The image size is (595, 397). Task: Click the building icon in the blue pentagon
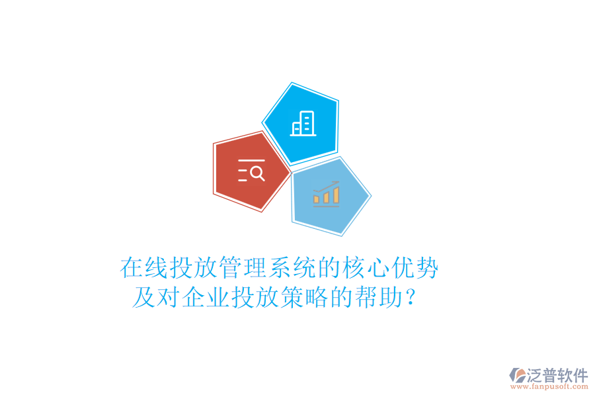click(x=303, y=123)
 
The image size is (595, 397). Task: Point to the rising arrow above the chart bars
click(x=327, y=186)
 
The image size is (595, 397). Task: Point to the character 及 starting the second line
click(x=143, y=298)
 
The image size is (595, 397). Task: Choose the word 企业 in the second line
click(x=194, y=298)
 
